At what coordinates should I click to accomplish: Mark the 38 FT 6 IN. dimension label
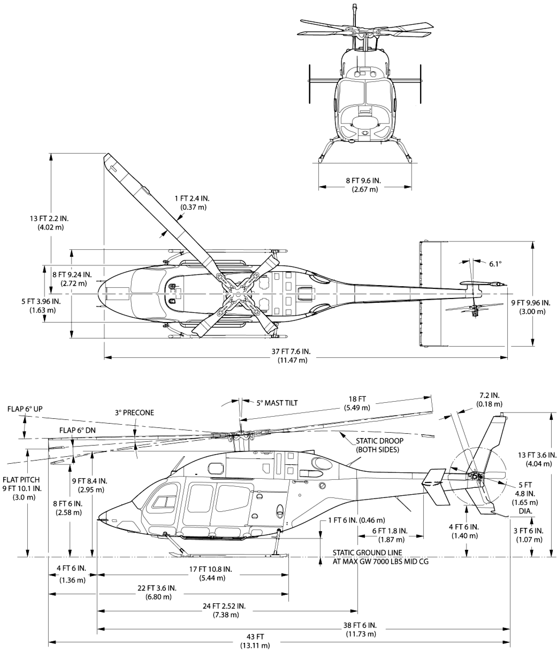360,625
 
